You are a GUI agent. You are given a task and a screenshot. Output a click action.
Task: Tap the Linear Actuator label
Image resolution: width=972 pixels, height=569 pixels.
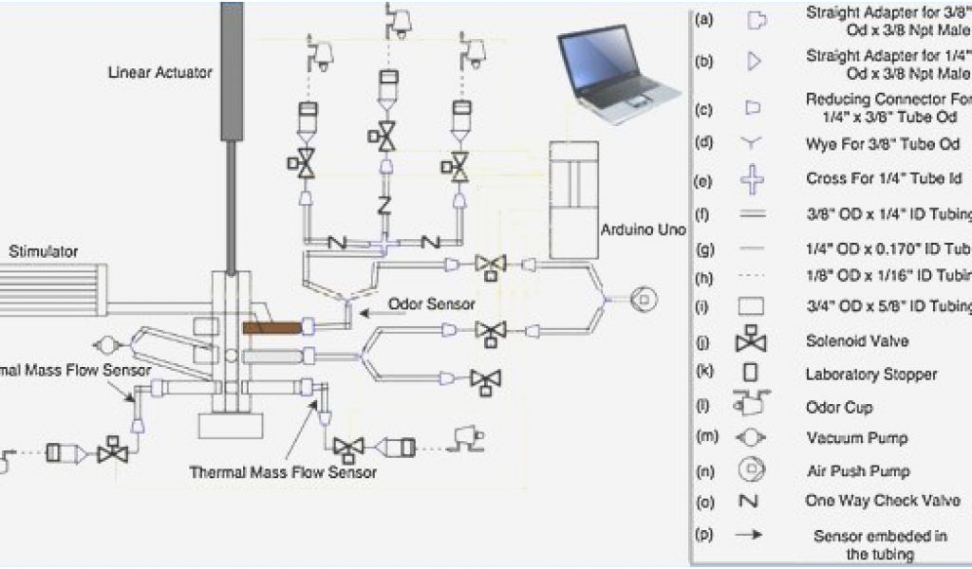[x=160, y=72]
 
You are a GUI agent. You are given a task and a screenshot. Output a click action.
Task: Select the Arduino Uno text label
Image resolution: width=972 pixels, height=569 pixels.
[x=643, y=230]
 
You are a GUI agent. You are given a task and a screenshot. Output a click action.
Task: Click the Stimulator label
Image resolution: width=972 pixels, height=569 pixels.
[x=43, y=251]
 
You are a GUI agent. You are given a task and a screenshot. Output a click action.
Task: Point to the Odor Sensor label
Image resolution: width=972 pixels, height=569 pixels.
[x=432, y=304]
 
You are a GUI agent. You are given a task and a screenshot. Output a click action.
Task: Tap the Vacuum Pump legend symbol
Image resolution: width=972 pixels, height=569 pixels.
[x=751, y=438]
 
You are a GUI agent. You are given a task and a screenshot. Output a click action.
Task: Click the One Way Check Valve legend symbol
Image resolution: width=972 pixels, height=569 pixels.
[x=751, y=501]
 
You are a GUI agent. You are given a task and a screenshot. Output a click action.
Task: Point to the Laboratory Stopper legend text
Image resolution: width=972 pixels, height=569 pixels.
[x=870, y=374]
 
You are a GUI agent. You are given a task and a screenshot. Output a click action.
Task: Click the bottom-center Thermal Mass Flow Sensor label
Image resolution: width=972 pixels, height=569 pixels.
[x=283, y=471]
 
